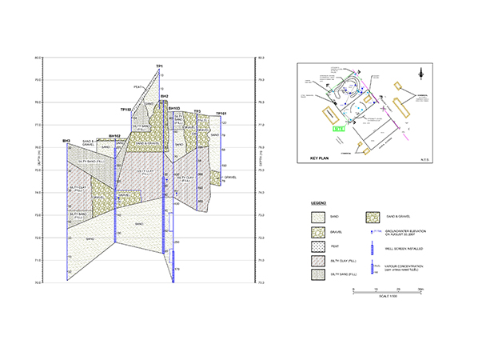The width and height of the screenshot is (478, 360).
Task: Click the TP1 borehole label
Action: (x=160, y=65)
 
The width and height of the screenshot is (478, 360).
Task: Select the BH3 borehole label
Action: (x=66, y=141)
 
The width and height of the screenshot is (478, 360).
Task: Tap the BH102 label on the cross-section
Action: (x=114, y=136)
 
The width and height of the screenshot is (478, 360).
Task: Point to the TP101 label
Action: (x=221, y=114)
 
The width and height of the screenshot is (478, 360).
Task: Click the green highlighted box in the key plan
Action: (x=339, y=127)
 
